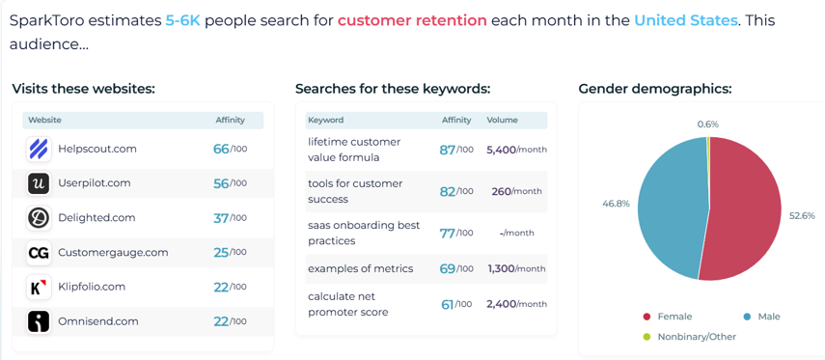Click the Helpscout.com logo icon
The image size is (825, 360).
(39, 149)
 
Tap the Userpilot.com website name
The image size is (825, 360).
(95, 183)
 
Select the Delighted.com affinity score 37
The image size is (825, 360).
(221, 218)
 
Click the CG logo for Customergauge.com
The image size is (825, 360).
(39, 253)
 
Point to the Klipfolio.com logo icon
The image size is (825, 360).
(39, 287)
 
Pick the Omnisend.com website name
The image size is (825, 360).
(98, 321)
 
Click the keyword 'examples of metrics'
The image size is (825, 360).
(361, 268)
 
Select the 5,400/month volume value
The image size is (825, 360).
(516, 150)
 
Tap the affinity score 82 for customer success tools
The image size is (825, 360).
(447, 191)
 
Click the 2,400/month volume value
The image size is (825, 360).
(516, 304)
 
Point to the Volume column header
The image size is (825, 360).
(502, 120)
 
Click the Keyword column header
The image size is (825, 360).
(326, 120)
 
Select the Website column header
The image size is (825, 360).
(44, 120)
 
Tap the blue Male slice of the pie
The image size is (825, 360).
(671, 208)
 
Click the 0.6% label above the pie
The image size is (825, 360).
(707, 125)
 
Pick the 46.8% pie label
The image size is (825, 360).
(616, 204)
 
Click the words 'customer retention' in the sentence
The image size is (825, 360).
(412, 20)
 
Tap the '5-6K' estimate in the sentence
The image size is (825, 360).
(183, 20)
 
